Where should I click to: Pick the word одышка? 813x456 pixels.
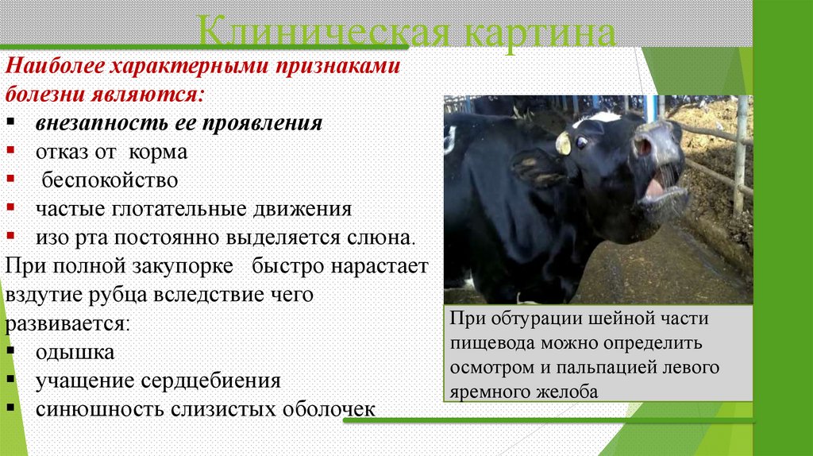point(75,352)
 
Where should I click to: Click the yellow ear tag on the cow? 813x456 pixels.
point(563,144)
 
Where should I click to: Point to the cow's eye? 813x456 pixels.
point(583,142)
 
